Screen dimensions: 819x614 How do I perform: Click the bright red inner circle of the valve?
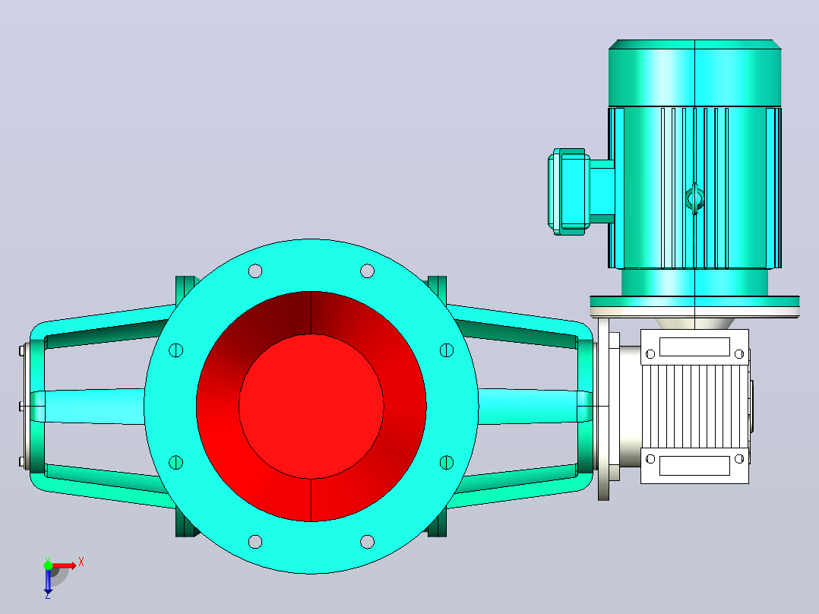coord(311,406)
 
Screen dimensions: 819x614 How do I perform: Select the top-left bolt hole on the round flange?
coord(255,271)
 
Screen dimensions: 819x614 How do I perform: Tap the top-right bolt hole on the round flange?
coord(367,271)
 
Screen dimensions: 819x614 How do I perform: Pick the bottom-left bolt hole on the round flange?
coord(255,541)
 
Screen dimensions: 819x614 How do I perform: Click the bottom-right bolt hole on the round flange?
coord(367,541)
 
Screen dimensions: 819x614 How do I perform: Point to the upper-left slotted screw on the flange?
coord(176,350)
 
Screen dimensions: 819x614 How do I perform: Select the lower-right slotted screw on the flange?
coord(447,462)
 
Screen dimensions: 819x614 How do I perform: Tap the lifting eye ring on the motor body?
coord(694,198)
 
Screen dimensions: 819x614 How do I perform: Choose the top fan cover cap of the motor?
coord(694,73)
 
